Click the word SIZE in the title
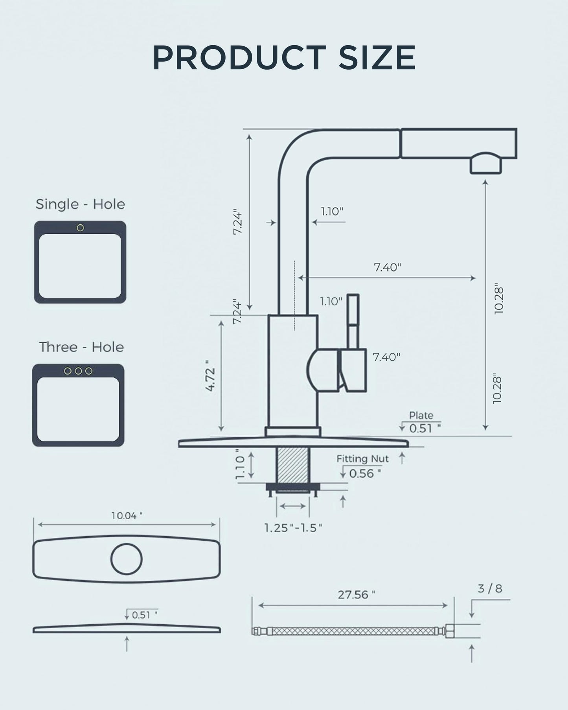pyautogui.click(x=377, y=58)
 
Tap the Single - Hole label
pyautogui.click(x=80, y=204)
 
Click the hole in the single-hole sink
pyautogui.click(x=80, y=228)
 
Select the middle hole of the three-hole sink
pyautogui.click(x=78, y=371)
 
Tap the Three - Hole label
pyautogui.click(x=81, y=347)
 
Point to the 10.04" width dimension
pyautogui.click(x=127, y=515)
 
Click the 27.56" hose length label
pyautogui.click(x=356, y=594)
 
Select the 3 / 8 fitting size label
pyautogui.click(x=490, y=589)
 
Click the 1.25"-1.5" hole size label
pyautogui.click(x=293, y=528)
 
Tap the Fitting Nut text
pyautogui.click(x=362, y=459)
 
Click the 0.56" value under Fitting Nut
pyautogui.click(x=365, y=473)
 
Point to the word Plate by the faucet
pyautogui.click(x=421, y=415)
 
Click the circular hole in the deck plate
pyautogui.click(x=126, y=559)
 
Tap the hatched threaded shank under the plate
pyautogui.click(x=292, y=465)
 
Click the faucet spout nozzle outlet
pyautogui.click(x=486, y=164)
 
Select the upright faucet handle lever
pyautogui.click(x=353, y=320)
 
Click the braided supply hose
pyautogui.click(x=354, y=631)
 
